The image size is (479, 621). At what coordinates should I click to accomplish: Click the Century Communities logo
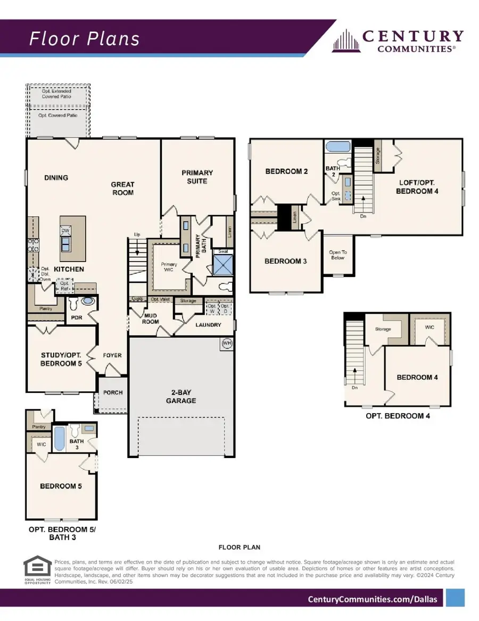pyautogui.click(x=398, y=41)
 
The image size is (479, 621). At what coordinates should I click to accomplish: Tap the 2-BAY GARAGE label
pyautogui.click(x=181, y=397)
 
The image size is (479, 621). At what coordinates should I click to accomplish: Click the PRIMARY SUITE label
pyautogui.click(x=197, y=177)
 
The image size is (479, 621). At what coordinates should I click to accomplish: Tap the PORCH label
pyautogui.click(x=112, y=393)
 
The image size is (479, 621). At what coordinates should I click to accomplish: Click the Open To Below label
pyautogui.click(x=337, y=255)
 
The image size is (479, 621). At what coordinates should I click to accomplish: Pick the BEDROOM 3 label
pyautogui.click(x=286, y=261)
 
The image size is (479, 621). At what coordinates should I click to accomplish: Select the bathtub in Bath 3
pyautogui.click(x=60, y=437)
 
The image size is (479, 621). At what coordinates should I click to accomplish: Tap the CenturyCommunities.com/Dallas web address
pyautogui.click(x=373, y=599)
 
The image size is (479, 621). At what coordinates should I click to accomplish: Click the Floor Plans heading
pyautogui.click(x=84, y=39)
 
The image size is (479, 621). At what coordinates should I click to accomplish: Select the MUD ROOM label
pyautogui.click(x=151, y=318)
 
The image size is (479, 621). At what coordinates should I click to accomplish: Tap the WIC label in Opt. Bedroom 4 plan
pyautogui.click(x=430, y=327)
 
